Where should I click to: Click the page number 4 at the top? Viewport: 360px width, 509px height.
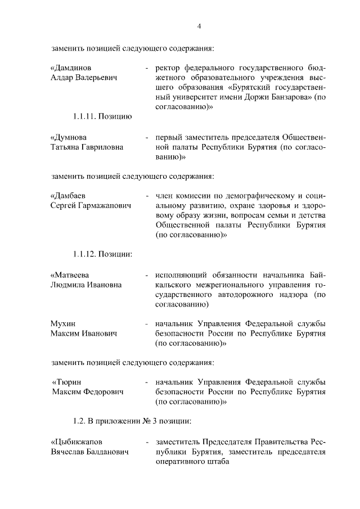click(x=199, y=25)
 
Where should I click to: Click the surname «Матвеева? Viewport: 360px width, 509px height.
click(x=73, y=275)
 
